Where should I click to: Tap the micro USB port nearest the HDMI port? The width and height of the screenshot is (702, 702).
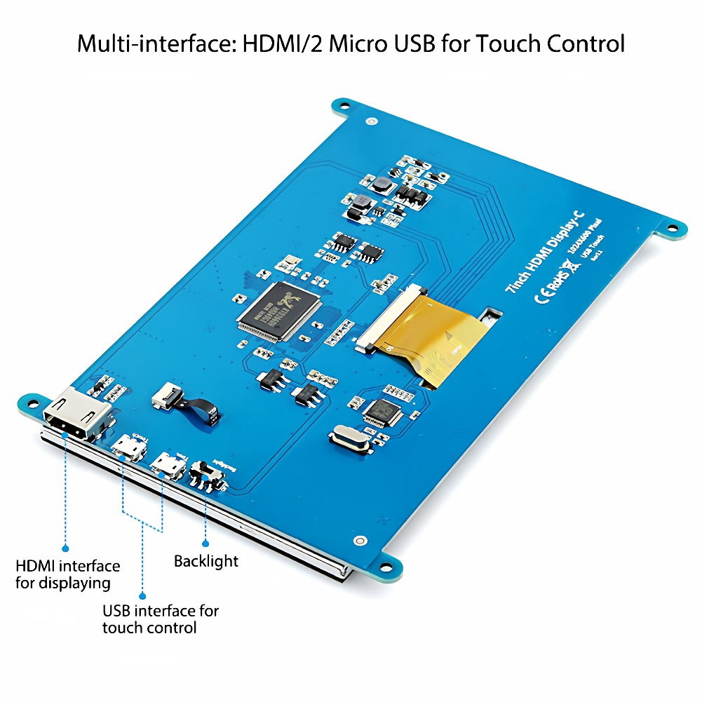pos(128,447)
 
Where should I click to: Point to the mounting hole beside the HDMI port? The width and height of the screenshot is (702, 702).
pos(32,403)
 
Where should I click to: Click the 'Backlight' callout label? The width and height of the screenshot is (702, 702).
pos(205,561)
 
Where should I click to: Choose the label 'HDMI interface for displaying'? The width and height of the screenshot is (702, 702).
pos(67,574)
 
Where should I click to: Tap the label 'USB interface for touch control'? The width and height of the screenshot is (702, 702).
pos(160,619)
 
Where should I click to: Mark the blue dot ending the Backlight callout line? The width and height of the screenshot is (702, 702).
pos(205,543)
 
